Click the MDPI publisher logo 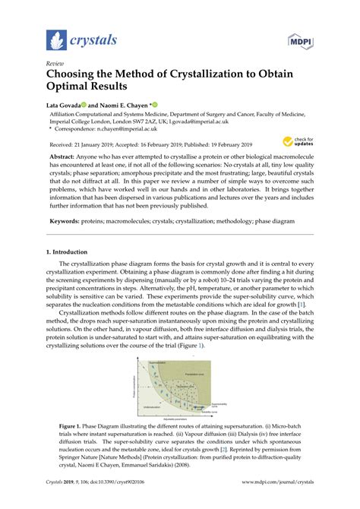click(x=300, y=40)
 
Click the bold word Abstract click(x=63, y=157)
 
